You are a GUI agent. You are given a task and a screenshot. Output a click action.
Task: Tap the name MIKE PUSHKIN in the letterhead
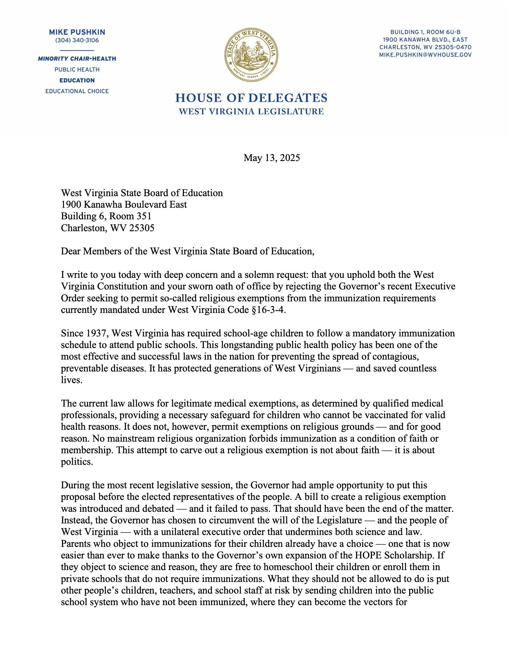pos(77,32)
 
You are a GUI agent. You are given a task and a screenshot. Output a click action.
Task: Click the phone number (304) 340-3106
pos(77,40)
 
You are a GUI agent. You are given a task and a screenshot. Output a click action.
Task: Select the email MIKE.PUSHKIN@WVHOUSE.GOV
pos(425,55)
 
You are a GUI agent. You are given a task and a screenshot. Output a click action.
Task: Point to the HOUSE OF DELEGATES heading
pos(251,98)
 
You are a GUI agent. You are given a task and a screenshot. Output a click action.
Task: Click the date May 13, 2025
pos(271,158)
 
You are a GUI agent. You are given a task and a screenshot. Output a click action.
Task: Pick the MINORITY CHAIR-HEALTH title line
pos(77,59)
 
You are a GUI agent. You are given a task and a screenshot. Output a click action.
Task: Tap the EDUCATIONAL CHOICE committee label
pos(77,91)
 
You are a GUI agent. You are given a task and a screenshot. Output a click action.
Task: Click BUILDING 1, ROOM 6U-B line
pos(425,32)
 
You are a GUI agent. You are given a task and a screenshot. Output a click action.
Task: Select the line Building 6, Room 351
pos(106,216)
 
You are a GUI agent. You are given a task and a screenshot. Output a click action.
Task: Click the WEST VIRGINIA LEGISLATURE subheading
pos(251,112)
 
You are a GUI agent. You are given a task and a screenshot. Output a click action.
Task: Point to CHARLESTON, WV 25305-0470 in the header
pos(425,47)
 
